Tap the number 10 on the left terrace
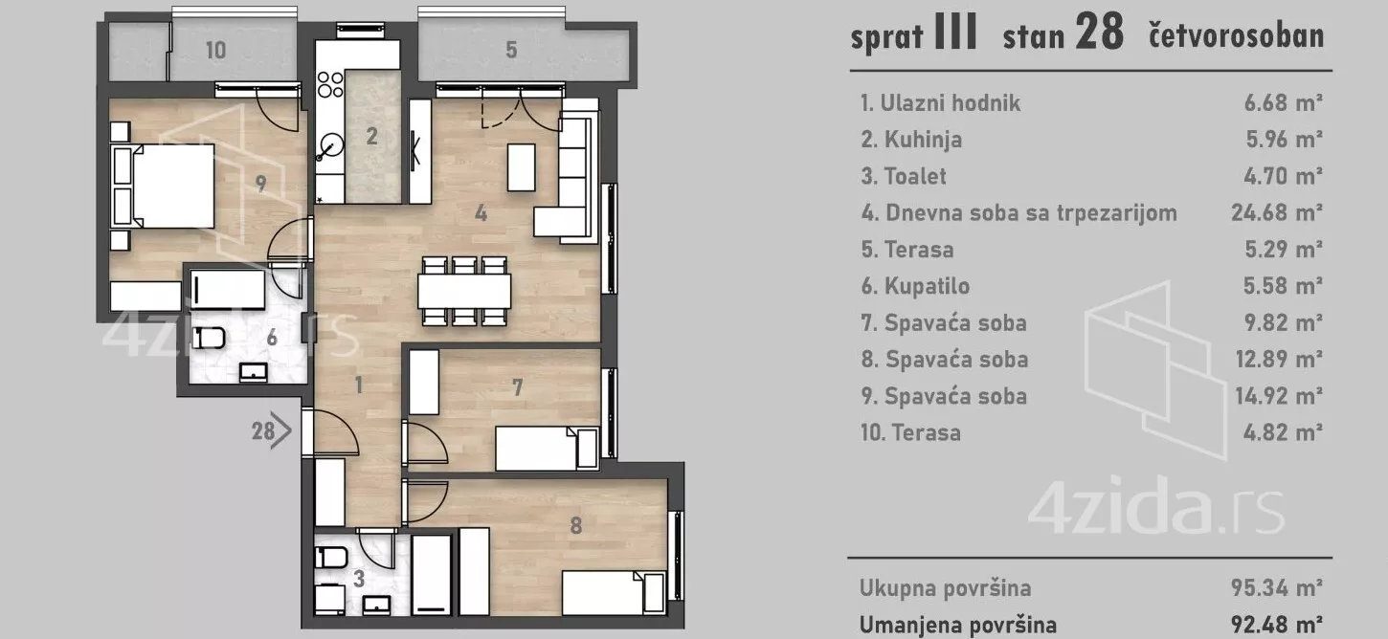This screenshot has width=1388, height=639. point(216,50)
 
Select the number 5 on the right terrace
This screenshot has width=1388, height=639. point(511,50)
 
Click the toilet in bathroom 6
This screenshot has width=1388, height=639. point(209,337)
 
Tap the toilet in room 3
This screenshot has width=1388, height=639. point(331,558)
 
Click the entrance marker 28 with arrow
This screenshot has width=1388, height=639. point(271,431)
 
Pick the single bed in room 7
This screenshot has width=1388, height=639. point(546,448)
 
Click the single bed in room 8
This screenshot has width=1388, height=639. point(613,592)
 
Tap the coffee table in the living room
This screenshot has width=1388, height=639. point(521,166)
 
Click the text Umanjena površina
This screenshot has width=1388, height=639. point(957,626)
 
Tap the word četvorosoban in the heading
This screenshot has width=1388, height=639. point(1236,36)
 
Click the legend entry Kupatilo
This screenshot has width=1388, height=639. point(926,286)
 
